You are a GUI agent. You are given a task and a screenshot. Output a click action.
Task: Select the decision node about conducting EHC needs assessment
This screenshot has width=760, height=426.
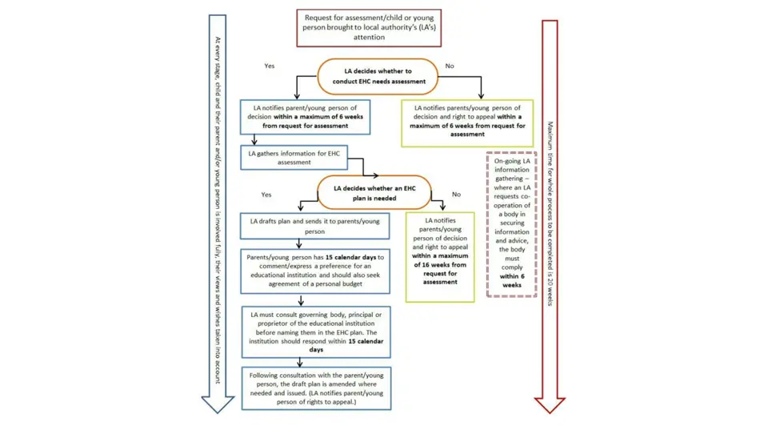378,77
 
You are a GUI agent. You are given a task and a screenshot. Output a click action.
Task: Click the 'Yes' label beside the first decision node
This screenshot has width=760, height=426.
269,66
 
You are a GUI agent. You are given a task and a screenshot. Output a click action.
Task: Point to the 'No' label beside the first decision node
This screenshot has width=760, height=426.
449,66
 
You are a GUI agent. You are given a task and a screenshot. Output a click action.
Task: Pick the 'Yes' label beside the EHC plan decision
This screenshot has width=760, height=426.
266,195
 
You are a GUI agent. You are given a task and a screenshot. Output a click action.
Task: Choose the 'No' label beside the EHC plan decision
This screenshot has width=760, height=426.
456,195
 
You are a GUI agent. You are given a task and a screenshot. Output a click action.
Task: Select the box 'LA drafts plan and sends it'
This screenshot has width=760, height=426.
315,226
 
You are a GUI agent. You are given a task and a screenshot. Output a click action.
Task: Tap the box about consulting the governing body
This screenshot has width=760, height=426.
315,332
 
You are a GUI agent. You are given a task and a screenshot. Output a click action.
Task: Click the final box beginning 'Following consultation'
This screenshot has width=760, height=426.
315,388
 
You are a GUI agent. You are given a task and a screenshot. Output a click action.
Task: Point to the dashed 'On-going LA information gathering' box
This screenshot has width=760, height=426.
511,223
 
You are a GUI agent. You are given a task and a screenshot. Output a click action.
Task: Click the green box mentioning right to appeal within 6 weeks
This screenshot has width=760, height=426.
467,121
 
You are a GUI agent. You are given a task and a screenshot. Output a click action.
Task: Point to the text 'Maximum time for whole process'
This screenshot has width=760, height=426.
550,212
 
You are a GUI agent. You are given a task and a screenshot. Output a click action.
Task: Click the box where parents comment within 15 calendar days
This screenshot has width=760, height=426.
315,270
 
